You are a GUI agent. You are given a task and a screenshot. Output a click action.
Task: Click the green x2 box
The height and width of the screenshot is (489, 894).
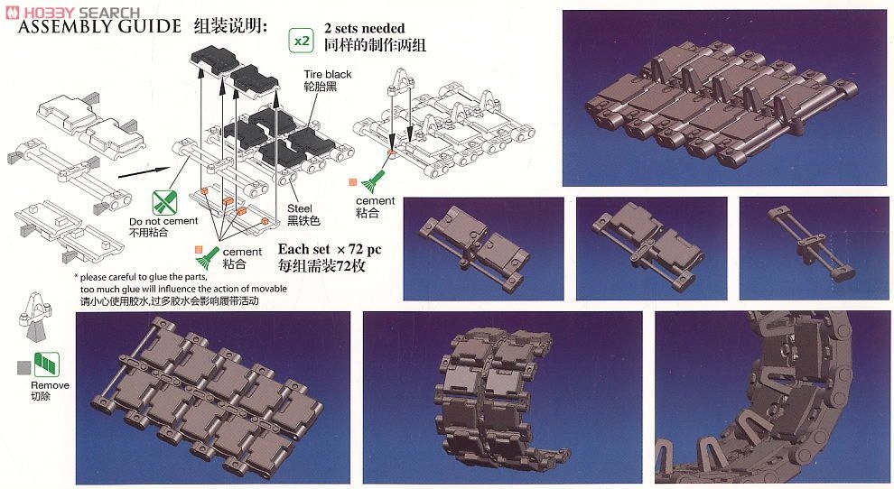pyautogui.click(x=301, y=41)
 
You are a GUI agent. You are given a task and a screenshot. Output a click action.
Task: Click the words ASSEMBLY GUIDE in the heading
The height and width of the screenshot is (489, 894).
pyautogui.click(x=99, y=25)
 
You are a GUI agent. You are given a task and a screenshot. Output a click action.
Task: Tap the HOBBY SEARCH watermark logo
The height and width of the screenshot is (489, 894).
pyautogui.click(x=72, y=12)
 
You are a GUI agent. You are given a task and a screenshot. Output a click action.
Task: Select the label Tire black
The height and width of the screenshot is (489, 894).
pyautogui.click(x=328, y=74)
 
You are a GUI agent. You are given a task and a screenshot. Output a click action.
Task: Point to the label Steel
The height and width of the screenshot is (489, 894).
pyautogui.click(x=299, y=208)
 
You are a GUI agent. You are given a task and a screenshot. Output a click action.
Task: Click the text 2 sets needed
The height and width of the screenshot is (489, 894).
pyautogui.click(x=364, y=28)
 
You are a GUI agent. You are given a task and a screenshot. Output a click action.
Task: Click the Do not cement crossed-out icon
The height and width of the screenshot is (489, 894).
pyautogui.click(x=164, y=203)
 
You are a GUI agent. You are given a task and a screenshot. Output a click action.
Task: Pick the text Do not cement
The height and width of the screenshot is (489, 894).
pyautogui.click(x=163, y=221)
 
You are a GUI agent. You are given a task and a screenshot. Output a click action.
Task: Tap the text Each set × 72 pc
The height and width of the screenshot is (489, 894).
pyautogui.click(x=330, y=250)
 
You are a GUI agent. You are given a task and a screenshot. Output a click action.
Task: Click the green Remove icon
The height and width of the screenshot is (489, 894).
pyautogui.click(x=47, y=364)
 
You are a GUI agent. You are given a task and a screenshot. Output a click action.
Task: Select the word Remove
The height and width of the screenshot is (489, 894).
pyautogui.click(x=51, y=385)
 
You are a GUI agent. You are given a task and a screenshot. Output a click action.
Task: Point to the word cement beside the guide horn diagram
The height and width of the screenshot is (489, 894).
pyautogui.click(x=375, y=200)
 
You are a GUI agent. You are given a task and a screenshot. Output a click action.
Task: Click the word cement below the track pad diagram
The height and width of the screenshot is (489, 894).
pyautogui.click(x=242, y=252)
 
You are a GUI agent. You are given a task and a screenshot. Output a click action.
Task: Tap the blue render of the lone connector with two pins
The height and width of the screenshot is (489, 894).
pyautogui.click(x=814, y=248)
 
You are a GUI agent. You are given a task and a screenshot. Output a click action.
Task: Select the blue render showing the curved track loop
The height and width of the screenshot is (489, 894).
pyautogui.click(x=773, y=397)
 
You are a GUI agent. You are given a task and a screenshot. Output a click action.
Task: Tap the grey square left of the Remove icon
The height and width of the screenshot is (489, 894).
pyautogui.click(x=24, y=367)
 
